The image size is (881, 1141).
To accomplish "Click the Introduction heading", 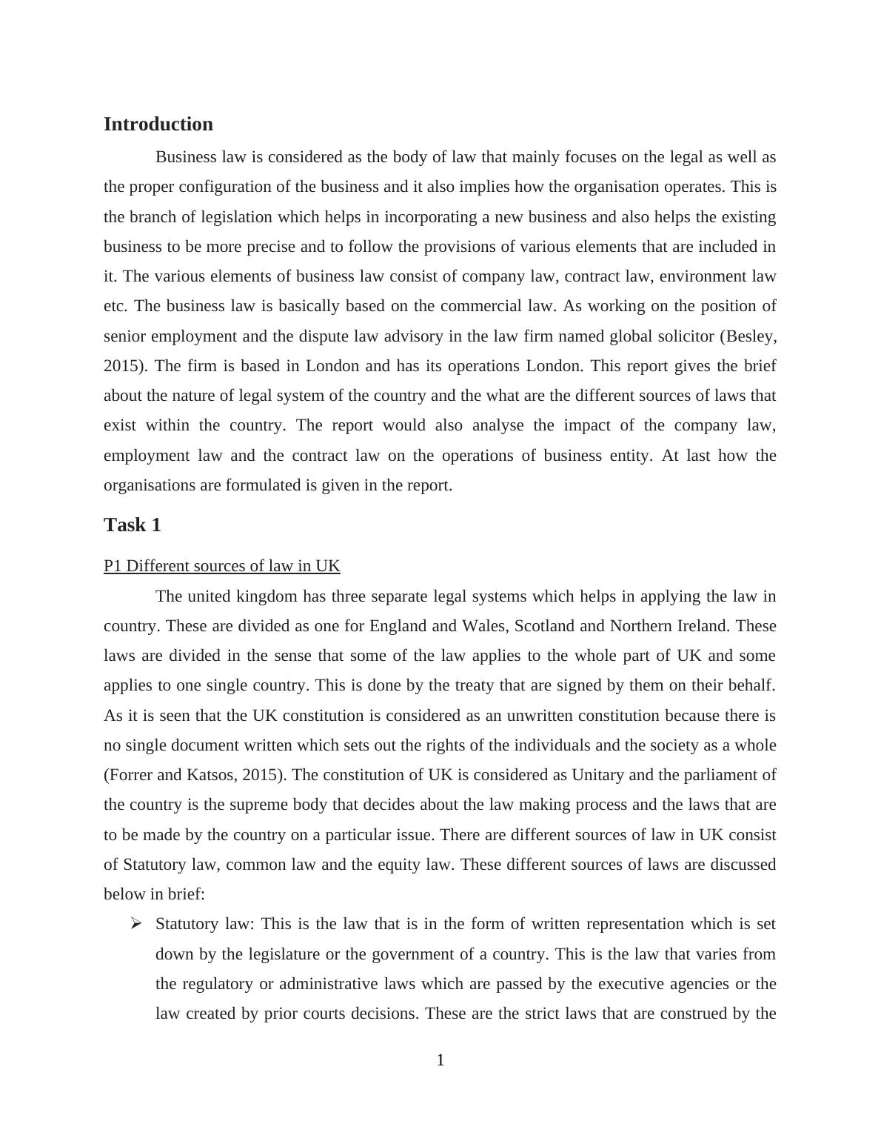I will point(158,124).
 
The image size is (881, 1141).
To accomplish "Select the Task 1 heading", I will point(133,525).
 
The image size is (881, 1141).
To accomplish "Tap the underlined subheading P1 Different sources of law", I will point(221,566).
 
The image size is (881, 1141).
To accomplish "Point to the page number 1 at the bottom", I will point(440,1061).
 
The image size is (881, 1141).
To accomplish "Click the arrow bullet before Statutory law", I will point(135,924).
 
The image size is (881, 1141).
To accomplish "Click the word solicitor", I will point(682,336).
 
